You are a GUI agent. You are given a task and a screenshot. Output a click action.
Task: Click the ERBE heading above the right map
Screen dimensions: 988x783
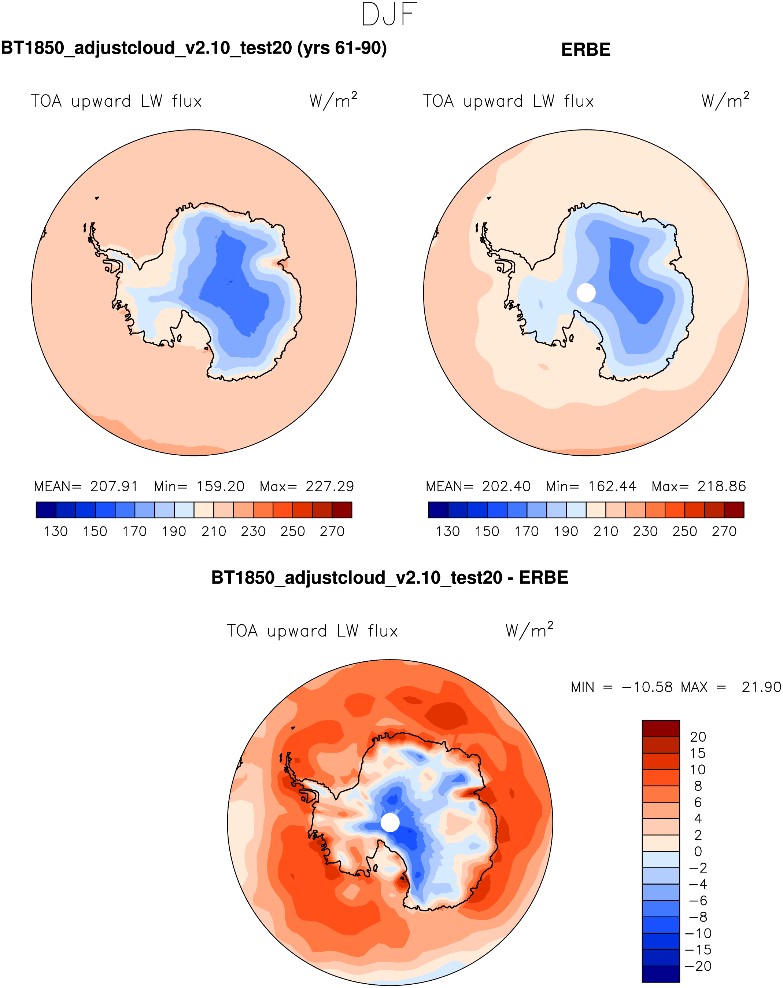[x=586, y=49]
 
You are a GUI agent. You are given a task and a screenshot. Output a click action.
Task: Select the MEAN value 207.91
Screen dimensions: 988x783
[x=114, y=486]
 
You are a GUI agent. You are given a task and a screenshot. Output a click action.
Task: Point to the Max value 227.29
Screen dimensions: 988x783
[x=330, y=486]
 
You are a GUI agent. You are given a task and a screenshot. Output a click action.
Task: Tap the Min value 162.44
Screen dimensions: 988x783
[x=612, y=486]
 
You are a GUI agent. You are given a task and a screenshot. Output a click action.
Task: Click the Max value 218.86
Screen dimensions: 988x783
[x=722, y=486]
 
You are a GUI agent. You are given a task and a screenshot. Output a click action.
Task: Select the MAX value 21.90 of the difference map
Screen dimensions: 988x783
[x=761, y=687]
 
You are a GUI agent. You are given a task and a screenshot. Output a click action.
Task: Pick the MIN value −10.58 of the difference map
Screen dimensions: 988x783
[x=647, y=687]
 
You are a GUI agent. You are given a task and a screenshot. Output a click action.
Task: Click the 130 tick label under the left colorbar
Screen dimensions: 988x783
[x=55, y=532]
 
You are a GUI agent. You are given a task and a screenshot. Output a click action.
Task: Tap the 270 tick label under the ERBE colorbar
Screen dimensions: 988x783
[x=724, y=532]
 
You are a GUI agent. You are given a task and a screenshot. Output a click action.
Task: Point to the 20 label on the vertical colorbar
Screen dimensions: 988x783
[x=698, y=737]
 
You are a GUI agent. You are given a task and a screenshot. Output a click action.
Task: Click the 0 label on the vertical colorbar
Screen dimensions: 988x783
[x=698, y=851]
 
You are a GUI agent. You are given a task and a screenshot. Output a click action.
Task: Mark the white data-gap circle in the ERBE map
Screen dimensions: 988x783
[x=586, y=292]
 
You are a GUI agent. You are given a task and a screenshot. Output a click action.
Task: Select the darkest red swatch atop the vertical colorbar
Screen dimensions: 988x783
[x=660, y=728]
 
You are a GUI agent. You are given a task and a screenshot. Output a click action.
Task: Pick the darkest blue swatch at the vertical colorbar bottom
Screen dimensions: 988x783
[x=660, y=974]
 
